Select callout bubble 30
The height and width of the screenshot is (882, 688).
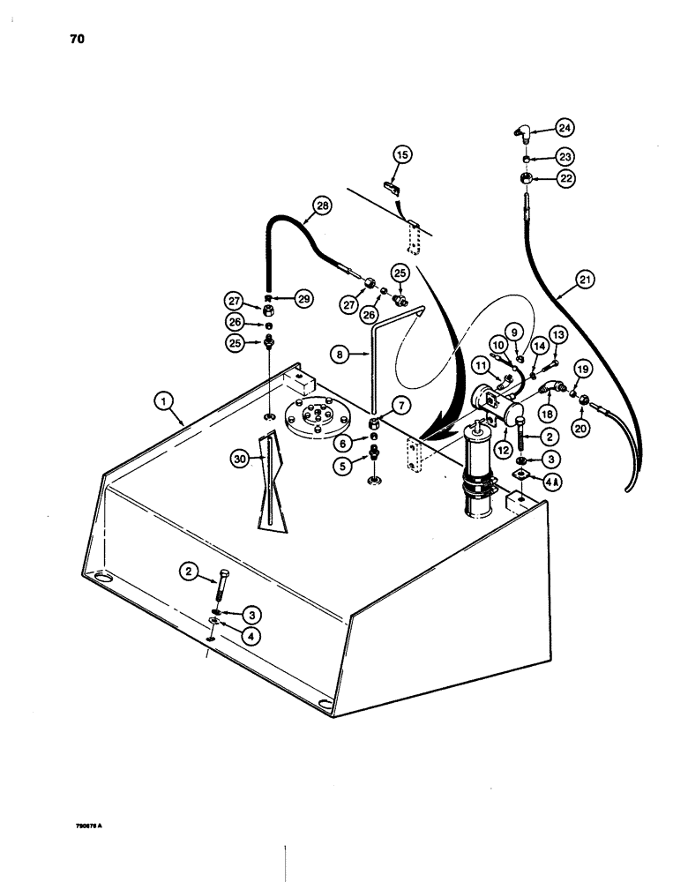point(238,457)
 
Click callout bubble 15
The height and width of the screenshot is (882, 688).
point(402,155)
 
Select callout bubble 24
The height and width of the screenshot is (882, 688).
point(565,129)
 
